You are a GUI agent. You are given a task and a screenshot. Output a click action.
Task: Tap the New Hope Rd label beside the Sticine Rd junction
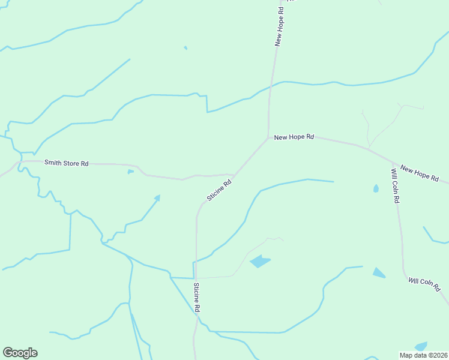(294, 137)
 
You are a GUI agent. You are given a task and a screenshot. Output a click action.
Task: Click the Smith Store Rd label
(66, 163)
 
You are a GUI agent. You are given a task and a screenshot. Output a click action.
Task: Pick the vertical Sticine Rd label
(196, 297)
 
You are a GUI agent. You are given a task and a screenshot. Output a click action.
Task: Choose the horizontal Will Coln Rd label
(425, 283)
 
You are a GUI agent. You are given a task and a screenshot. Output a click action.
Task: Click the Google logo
(20, 353)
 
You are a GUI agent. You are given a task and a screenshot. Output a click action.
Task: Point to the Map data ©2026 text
(423, 355)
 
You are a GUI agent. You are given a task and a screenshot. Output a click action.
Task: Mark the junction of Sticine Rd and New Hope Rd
(268, 138)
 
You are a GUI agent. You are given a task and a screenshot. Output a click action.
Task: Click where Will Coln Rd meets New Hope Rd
(393, 163)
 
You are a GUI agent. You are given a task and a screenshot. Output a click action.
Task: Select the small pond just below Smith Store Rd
(130, 172)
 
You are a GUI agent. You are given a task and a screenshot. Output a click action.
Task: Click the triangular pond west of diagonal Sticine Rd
(157, 197)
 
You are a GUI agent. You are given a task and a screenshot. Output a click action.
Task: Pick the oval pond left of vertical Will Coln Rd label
(376, 188)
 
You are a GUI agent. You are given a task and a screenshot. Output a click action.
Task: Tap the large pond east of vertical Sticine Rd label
(260, 261)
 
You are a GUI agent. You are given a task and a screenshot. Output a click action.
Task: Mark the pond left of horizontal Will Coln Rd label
(378, 273)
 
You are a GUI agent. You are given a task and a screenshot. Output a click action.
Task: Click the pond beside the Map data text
(421, 346)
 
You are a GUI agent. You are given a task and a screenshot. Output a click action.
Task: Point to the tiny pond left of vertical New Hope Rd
(185, 47)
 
